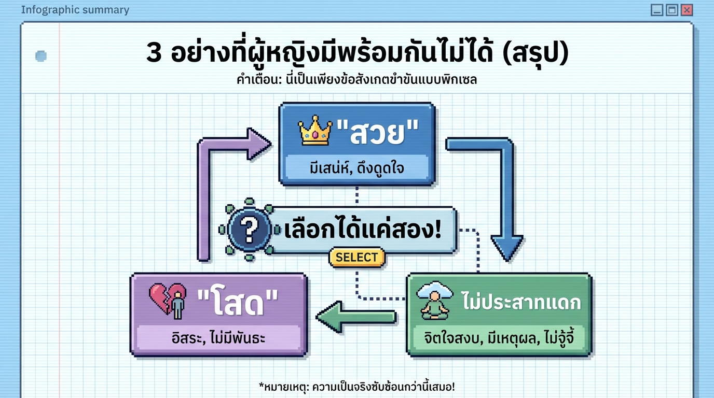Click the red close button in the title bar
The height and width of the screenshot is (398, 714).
coord(687,10)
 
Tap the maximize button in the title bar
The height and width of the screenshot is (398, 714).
coord(672,10)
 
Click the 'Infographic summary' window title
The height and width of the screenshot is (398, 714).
coord(75,10)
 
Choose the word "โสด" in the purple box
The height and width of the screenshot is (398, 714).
coord(238,302)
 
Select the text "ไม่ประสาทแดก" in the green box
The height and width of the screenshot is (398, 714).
coord(520,302)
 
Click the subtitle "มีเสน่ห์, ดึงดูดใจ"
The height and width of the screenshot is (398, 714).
coord(356,168)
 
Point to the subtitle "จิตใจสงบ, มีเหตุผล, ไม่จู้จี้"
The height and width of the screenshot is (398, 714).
coord(499,338)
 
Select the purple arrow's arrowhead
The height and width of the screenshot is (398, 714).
coord(258,144)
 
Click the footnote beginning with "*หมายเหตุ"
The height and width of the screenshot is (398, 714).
coord(356,387)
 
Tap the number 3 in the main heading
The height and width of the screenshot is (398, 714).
coord(154,53)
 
